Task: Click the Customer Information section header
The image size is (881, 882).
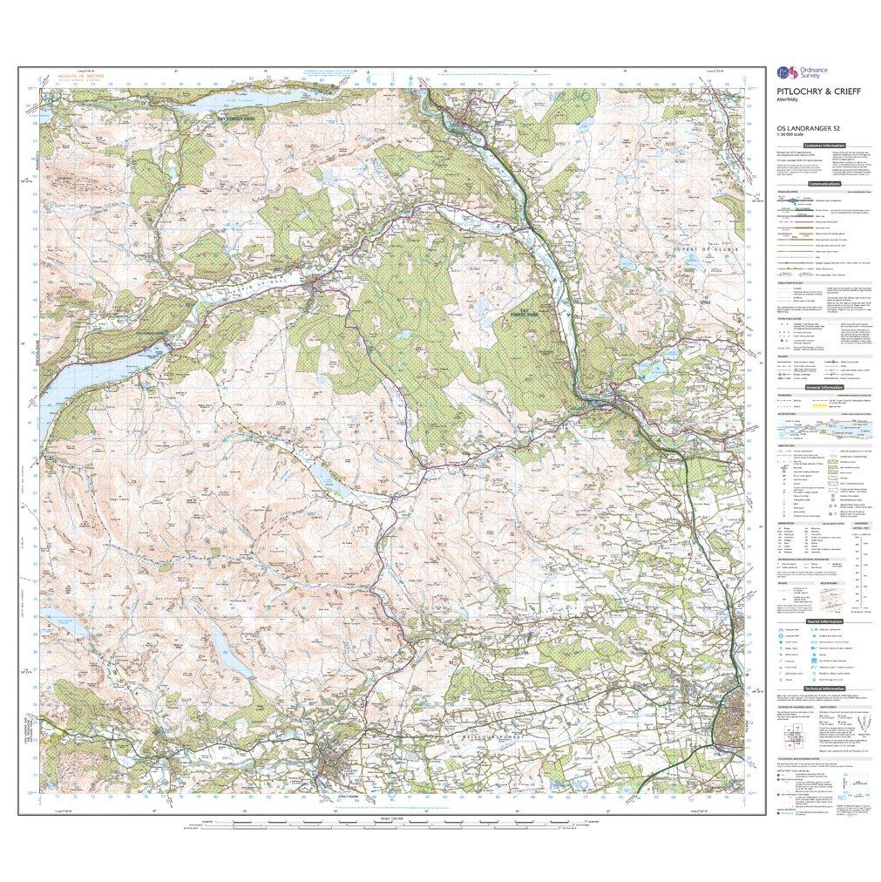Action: pos(824,146)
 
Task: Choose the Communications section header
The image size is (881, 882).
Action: pos(824,185)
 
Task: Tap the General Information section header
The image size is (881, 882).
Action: pos(824,387)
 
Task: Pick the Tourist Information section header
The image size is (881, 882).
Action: pos(824,621)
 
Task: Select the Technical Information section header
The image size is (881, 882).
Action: pos(824,689)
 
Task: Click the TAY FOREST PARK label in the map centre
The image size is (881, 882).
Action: pos(521,311)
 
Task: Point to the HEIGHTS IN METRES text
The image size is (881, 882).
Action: pos(80,77)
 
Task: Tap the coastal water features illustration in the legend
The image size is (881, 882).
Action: pos(823,429)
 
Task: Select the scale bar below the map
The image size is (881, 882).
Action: pos(383,821)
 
